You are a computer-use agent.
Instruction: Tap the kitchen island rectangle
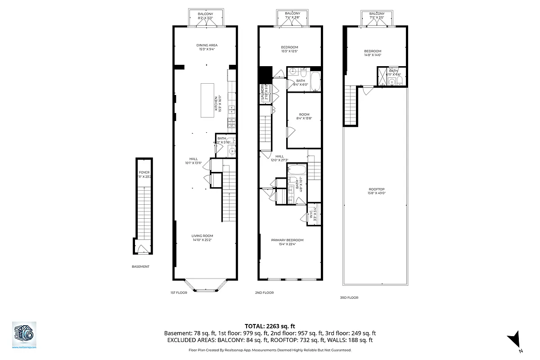(x=207, y=100)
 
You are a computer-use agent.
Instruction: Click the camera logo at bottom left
(x=24, y=333)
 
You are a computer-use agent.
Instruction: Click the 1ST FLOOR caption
(x=179, y=292)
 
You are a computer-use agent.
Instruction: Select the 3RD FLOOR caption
(x=349, y=297)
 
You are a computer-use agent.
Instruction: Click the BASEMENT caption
(x=140, y=266)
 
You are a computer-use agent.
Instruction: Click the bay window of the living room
(x=206, y=287)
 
